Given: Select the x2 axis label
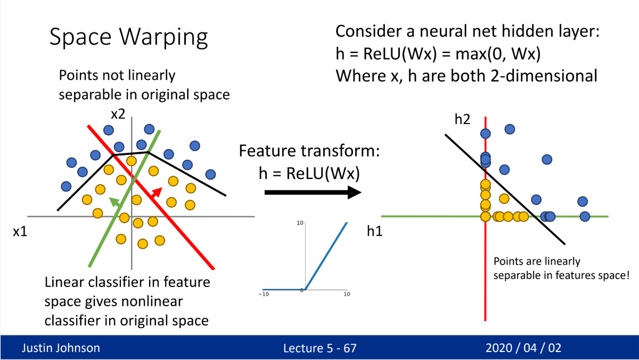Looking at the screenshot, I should click(x=118, y=114).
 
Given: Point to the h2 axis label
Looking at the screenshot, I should click(x=462, y=119).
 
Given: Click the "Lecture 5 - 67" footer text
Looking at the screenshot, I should click(x=319, y=348).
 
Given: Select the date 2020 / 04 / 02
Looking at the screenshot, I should click(x=523, y=348).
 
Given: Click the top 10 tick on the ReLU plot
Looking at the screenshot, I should click(x=300, y=223).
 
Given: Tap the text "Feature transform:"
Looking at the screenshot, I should click(x=309, y=151).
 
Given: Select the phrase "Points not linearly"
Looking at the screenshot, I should click(x=117, y=76).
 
